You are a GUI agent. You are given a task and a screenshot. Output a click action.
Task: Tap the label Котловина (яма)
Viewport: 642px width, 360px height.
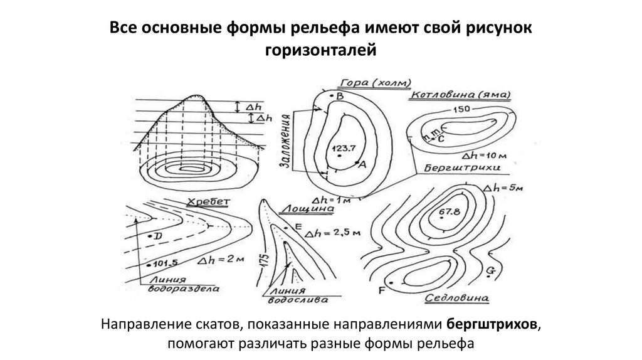pos(460,95)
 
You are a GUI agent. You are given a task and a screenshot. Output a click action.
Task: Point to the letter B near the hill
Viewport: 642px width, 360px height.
pos(340,96)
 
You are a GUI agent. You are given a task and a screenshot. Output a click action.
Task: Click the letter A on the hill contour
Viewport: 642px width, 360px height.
pos(362,162)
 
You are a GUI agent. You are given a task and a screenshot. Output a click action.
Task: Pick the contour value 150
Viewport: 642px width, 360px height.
pos(461,110)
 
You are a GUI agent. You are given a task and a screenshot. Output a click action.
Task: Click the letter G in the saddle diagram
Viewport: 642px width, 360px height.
pos(490,270)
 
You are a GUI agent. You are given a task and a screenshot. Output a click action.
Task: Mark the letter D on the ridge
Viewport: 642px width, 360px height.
pos(158,235)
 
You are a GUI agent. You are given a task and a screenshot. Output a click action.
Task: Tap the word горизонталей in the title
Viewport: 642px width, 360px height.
pos(320,48)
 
